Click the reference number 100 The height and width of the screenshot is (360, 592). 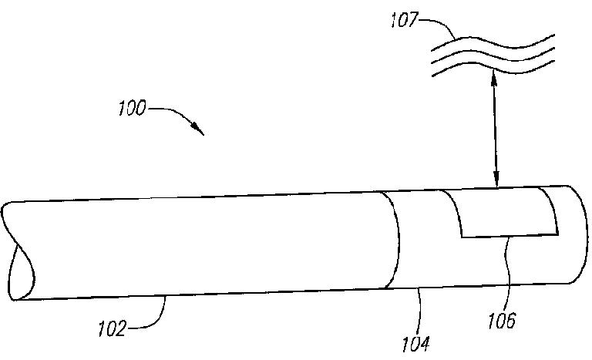point(133,109)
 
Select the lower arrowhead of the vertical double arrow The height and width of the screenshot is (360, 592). point(496,182)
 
